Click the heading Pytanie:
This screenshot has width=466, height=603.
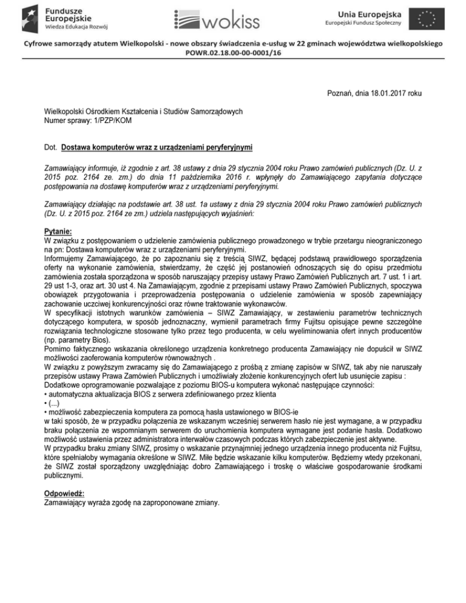59,231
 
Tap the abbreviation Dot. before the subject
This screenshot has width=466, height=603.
52,147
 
